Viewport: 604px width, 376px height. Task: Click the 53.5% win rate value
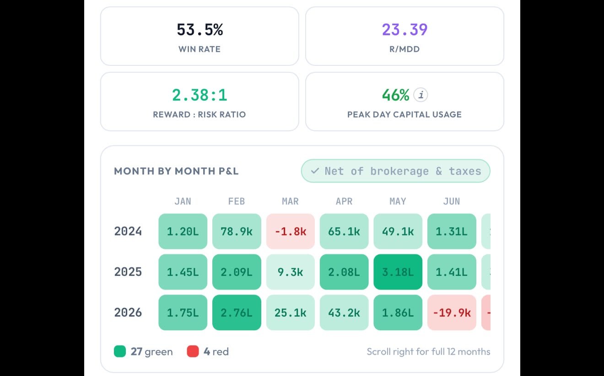point(200,30)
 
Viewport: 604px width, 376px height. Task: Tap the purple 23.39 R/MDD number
point(405,30)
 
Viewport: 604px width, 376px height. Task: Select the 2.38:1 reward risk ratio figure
point(200,95)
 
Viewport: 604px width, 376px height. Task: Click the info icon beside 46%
point(421,95)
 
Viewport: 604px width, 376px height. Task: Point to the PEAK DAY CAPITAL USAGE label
point(404,114)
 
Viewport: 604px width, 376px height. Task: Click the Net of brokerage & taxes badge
point(395,171)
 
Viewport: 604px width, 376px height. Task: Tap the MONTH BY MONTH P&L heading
point(176,171)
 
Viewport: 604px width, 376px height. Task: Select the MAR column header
point(291,201)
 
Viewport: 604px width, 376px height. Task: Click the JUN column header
point(452,201)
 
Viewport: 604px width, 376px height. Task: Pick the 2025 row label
point(128,272)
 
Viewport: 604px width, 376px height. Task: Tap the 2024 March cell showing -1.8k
point(291,231)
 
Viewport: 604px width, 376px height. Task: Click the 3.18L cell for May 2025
point(398,272)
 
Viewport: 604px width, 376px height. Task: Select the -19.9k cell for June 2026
point(452,313)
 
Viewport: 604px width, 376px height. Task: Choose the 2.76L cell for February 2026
point(237,313)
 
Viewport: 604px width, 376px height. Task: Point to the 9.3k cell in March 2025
point(291,272)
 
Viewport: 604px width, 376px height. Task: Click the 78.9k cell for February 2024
point(237,231)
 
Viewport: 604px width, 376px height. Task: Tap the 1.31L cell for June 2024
point(452,231)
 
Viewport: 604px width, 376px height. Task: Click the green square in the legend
point(120,351)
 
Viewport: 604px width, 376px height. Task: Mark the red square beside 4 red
point(193,351)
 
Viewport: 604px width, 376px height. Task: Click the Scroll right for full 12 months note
point(428,351)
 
